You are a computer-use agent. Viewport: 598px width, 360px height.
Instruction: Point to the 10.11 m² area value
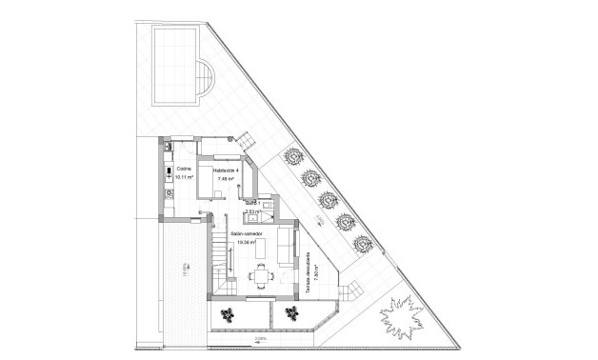pyautogui.click(x=185, y=177)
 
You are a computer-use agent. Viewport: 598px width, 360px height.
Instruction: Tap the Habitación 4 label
pyautogui.click(x=226, y=170)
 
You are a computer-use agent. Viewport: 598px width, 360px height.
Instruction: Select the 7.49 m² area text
pyautogui.click(x=226, y=179)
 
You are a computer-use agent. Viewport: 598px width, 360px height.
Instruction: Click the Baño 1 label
pyautogui.click(x=252, y=203)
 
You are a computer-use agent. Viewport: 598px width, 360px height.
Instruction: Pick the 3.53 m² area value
pyautogui.click(x=252, y=211)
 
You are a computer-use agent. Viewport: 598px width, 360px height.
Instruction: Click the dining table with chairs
pyautogui.click(x=261, y=276)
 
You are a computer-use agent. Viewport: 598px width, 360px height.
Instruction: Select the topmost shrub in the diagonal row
pyautogui.click(x=290, y=154)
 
